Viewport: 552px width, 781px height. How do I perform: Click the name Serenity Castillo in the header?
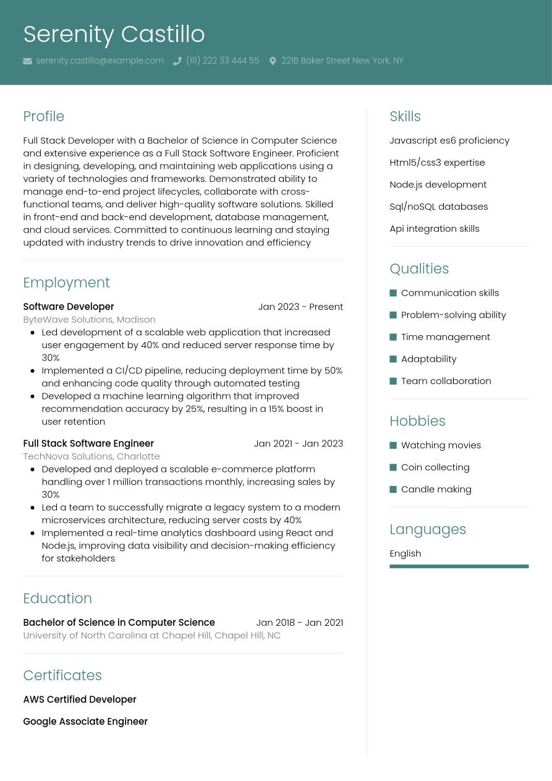[114, 34]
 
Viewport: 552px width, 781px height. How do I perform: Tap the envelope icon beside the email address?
[27, 61]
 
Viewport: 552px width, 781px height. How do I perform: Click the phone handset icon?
[177, 61]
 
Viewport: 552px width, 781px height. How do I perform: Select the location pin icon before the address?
[273, 61]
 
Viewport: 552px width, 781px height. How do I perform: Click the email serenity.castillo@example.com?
[100, 61]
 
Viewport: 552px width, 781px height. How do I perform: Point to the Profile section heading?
[43, 116]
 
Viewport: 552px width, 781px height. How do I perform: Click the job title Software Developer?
[68, 307]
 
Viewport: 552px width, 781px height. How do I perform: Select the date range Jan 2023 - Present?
[300, 307]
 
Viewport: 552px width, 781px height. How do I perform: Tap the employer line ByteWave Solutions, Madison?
[89, 320]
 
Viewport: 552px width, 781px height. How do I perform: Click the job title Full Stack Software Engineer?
[88, 443]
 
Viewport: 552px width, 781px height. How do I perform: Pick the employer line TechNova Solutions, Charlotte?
[91, 456]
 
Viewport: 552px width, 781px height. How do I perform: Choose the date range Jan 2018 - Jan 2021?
[299, 623]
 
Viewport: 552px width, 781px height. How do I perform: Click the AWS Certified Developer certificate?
[79, 699]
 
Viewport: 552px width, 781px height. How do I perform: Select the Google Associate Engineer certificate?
[85, 722]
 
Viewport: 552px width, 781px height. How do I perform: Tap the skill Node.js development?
[438, 184]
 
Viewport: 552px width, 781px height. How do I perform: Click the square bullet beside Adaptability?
[393, 359]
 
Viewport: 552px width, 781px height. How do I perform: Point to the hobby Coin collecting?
[435, 467]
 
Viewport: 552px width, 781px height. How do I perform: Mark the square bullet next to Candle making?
[393, 490]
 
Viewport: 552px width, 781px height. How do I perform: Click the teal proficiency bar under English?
[459, 566]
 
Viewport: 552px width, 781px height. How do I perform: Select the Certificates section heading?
[62, 675]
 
